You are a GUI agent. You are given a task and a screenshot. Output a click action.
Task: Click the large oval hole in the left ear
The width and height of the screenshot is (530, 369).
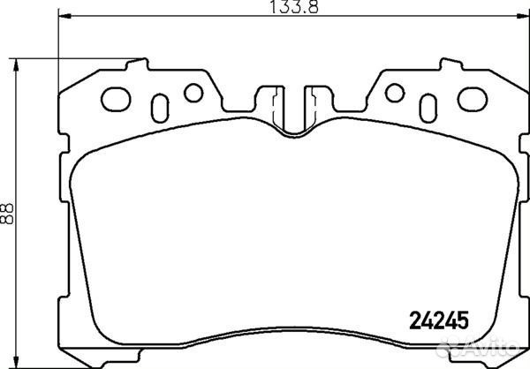click(x=115, y=95)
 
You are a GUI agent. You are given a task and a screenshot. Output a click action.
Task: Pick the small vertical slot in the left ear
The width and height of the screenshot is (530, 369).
click(x=159, y=106)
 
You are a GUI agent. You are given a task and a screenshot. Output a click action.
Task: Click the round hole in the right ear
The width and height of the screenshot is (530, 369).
click(x=393, y=91)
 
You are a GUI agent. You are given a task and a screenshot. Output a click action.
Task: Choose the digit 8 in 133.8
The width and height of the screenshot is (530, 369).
click(x=312, y=11)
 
